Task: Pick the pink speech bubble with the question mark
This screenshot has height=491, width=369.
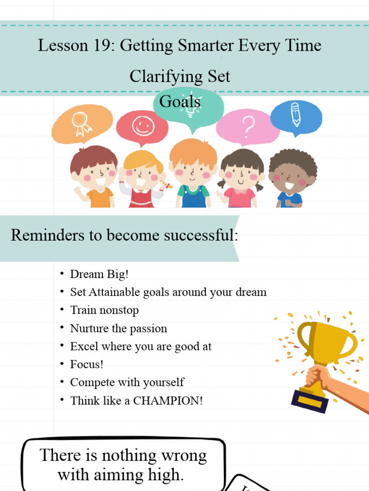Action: [x=247, y=127]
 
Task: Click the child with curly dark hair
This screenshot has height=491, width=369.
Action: [x=292, y=177]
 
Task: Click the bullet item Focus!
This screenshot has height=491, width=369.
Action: [x=87, y=364]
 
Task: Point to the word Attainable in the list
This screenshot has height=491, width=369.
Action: [x=115, y=292]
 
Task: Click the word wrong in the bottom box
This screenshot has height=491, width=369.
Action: [x=183, y=455]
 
